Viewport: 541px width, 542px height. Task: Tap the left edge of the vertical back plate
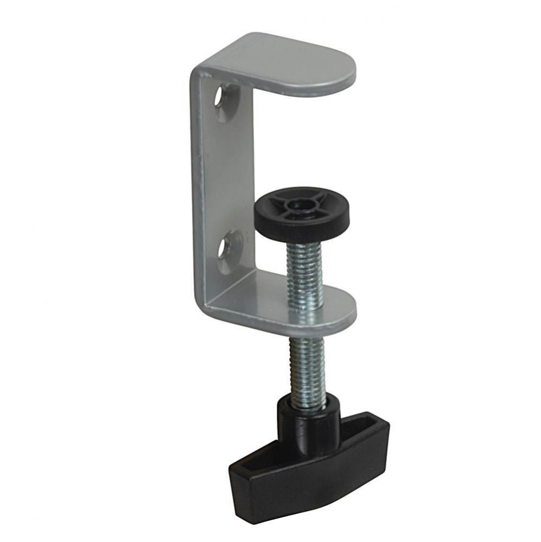point(194,190)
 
